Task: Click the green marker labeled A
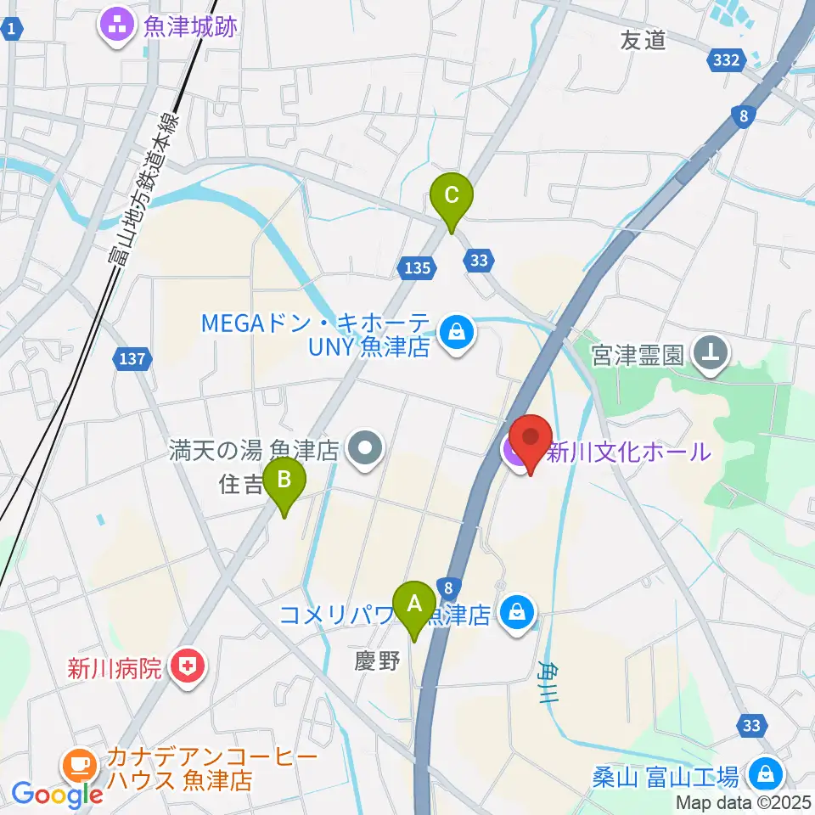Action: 414,604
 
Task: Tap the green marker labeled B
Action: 284,482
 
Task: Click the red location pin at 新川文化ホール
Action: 531,440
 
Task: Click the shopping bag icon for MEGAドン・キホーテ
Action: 457,332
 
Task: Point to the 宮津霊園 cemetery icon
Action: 711,350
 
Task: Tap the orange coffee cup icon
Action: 81,764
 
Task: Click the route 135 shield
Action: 415,268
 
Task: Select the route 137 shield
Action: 133,360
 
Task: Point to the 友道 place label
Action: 644,39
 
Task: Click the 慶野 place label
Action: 378,661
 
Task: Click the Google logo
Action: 58,795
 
